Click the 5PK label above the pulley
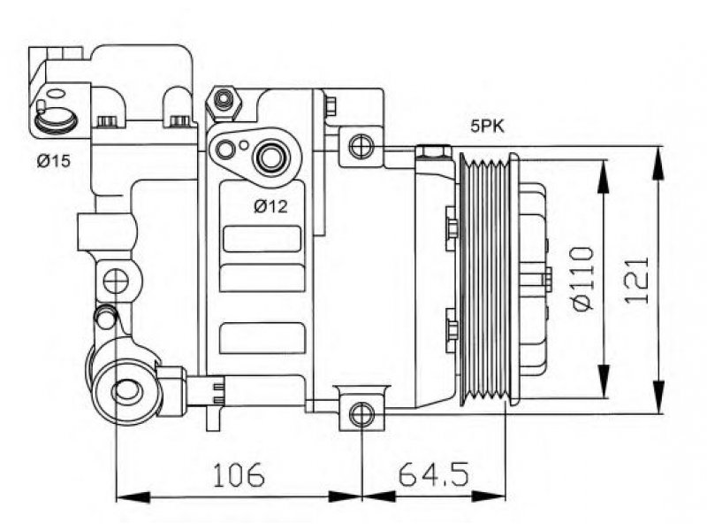point(487,126)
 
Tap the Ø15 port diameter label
point(54,161)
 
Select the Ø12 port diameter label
point(270,206)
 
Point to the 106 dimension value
point(239,474)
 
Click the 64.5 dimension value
point(433,474)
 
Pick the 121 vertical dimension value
point(636,281)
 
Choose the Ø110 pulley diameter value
point(582,279)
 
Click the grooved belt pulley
point(489,279)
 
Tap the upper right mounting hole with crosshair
point(361,146)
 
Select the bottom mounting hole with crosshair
point(361,414)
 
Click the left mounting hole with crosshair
point(116,281)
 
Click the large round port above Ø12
point(271,158)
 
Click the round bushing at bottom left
point(126,391)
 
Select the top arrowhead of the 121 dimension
point(658,164)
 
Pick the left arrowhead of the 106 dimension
point(133,496)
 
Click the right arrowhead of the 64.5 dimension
point(489,496)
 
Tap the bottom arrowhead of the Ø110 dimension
point(604,382)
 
